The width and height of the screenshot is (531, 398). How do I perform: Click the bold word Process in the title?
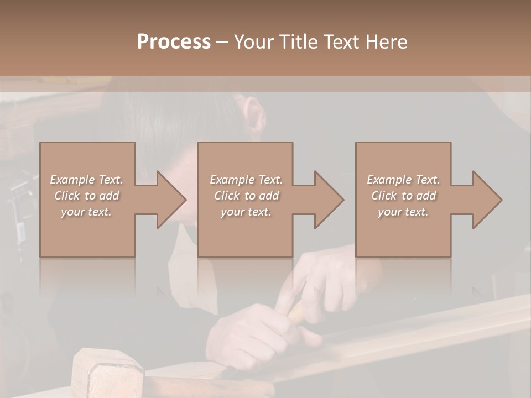click(174, 41)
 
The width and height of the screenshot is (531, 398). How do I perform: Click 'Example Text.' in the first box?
click(86, 180)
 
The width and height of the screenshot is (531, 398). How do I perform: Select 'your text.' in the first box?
click(86, 212)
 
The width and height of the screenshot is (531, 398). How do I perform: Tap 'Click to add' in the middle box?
click(246, 196)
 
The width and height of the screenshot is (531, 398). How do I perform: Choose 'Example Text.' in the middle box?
click(246, 180)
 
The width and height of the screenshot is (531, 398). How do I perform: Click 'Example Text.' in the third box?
click(403, 180)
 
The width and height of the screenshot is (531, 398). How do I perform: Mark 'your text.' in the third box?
click(403, 212)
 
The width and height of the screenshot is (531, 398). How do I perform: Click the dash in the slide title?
click(222, 42)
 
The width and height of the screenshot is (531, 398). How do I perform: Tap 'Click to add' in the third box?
click(403, 196)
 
